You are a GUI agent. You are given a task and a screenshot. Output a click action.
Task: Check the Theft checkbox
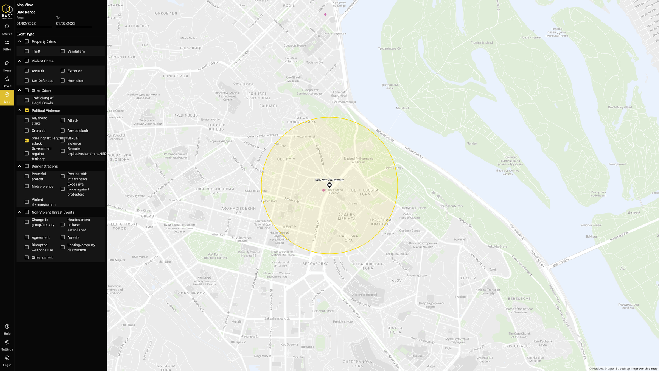27,51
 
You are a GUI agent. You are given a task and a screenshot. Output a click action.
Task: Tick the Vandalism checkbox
63,51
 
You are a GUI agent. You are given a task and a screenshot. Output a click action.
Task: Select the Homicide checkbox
63,81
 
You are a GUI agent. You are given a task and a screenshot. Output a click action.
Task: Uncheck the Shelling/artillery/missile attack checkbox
27,140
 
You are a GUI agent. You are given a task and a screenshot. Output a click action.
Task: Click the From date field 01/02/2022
34,23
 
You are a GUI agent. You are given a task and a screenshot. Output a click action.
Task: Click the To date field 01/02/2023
73,23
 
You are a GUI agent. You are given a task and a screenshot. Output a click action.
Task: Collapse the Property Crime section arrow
20,41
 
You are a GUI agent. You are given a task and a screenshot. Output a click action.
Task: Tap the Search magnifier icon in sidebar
7,27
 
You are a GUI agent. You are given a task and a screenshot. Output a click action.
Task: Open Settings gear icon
7,342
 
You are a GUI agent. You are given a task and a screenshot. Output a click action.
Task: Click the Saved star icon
7,79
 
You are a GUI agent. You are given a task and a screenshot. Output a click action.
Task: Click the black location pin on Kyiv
329,185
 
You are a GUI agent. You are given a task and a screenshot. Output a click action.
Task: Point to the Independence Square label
334,192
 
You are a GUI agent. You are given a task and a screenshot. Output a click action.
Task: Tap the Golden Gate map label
269,201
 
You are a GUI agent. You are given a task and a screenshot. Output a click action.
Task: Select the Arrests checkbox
63,237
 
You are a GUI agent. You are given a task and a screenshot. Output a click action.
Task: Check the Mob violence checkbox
27,186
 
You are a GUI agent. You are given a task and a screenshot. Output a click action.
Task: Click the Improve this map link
644,368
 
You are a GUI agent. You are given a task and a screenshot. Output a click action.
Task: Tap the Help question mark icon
7,327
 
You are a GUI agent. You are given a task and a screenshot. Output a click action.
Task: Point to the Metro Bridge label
561,263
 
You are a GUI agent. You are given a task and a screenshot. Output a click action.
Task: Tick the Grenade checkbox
27,131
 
